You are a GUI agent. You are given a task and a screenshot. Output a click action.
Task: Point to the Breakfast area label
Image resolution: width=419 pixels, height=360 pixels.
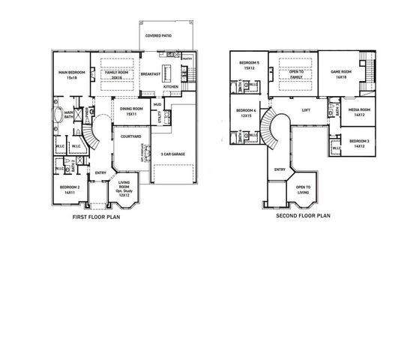coord(151,74)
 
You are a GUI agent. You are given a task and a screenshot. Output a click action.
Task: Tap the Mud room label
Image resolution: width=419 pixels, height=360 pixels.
coord(157,105)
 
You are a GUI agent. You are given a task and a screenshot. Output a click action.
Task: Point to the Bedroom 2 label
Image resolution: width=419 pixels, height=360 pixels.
coord(70,190)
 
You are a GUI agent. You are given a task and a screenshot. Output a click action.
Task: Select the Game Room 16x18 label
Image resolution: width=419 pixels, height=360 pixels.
coord(341,74)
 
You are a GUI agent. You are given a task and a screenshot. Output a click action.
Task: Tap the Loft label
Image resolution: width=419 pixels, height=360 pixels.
coord(305,110)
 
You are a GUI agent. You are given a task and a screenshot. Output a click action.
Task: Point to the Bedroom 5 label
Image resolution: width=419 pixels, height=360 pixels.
coord(249,65)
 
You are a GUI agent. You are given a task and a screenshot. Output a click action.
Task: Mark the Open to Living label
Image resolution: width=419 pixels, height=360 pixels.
coord(303,189)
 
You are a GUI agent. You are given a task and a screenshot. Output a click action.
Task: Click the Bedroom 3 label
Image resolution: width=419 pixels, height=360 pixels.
coord(359,143)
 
